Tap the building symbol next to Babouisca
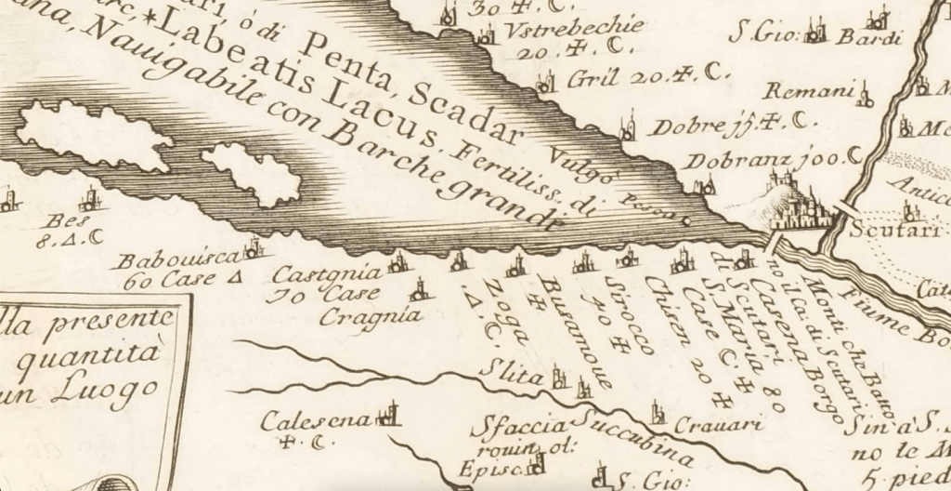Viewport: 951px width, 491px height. click(253, 249)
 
